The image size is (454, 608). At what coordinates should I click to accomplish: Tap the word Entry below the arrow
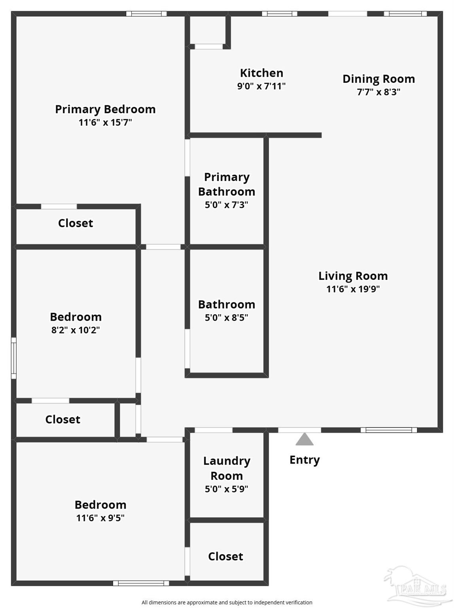[x=305, y=460]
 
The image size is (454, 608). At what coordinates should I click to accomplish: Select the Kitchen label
[x=261, y=73]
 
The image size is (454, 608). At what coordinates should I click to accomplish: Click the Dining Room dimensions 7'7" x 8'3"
[x=378, y=92]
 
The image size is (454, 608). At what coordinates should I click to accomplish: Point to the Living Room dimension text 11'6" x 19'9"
[x=353, y=289]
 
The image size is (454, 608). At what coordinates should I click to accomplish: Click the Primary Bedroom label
[x=105, y=109]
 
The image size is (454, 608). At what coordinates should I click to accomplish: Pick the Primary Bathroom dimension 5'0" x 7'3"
[x=226, y=205]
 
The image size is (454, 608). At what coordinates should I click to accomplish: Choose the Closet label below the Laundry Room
[x=225, y=557]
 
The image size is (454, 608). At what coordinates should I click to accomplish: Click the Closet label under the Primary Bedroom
[x=76, y=223]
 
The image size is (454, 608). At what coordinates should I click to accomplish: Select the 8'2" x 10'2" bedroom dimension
[x=76, y=330]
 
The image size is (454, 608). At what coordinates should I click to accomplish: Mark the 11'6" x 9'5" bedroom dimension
[x=100, y=518]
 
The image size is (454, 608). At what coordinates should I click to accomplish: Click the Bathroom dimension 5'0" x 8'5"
[x=226, y=318]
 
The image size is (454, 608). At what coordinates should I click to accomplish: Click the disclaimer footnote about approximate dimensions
[x=227, y=602]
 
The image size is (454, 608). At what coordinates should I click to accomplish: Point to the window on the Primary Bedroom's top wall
[x=146, y=14]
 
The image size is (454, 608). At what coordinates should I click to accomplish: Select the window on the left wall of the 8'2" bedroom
[x=14, y=358]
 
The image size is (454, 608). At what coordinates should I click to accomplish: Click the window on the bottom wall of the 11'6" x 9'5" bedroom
[x=141, y=583]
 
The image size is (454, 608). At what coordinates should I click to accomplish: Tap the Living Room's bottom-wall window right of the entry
[x=389, y=430]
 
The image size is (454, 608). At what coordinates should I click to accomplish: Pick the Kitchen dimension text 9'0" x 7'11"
[x=261, y=86]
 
